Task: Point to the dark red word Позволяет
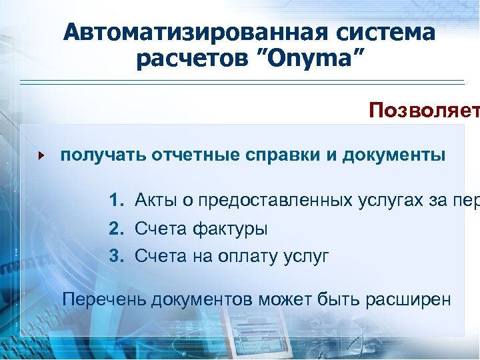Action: [x=423, y=109]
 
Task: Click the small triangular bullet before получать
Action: [x=41, y=156]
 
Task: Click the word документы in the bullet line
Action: [x=394, y=155]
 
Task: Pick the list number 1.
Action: [x=117, y=199]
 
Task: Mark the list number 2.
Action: [x=117, y=229]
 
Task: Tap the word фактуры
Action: [x=230, y=229]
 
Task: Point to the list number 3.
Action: [x=117, y=255]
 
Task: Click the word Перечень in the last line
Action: [x=104, y=299]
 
